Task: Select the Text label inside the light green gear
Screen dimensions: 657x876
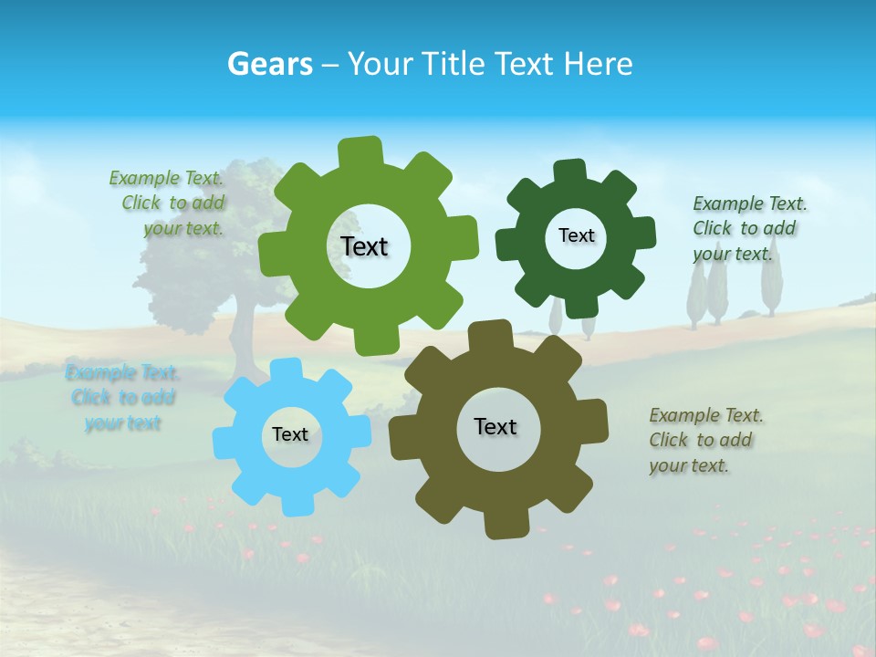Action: point(365,246)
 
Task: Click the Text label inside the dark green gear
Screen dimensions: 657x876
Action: point(576,235)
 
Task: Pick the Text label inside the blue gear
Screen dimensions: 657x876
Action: point(290,434)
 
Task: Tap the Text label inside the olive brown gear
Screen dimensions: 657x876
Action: point(495,427)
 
